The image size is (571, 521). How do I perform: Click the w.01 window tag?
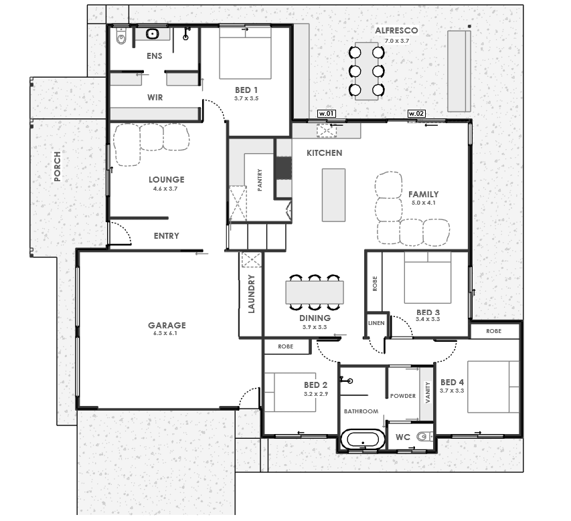[327, 114]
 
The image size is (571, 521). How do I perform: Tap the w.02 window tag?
[416, 114]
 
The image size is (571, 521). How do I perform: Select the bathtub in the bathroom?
[363, 439]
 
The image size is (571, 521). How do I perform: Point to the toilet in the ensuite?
[121, 36]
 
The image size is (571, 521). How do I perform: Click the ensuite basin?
[152, 34]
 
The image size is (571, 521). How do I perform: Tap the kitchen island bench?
[333, 195]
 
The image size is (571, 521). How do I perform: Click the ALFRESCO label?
[396, 31]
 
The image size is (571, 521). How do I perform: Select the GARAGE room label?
[167, 325]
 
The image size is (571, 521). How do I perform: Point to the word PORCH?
[58, 167]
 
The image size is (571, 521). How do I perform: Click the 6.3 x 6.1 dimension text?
[165, 333]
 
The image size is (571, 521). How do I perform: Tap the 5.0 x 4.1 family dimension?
[424, 203]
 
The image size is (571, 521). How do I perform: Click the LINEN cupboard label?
[376, 323]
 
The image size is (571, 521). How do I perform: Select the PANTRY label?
[260, 180]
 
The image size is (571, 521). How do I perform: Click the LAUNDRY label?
[251, 294]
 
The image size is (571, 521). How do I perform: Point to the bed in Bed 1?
[246, 53]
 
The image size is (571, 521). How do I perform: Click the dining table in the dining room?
[315, 292]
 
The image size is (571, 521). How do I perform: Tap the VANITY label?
[428, 392]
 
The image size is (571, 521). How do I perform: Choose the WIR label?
[155, 98]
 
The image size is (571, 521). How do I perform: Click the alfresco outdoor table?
[367, 72]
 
